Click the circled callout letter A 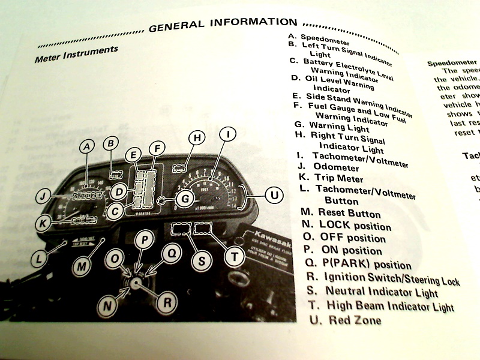pos(88,146)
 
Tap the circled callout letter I pos(227,136)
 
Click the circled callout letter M pos(83,263)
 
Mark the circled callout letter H pos(196,138)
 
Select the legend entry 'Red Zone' pos(353,320)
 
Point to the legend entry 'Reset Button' pos(349,213)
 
